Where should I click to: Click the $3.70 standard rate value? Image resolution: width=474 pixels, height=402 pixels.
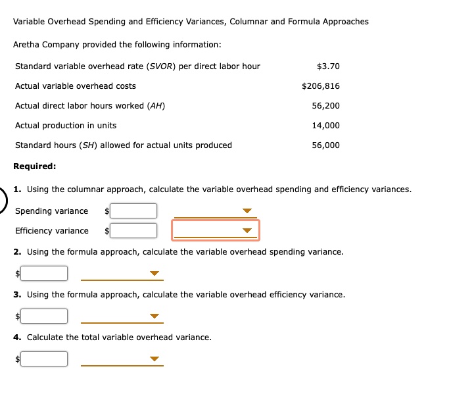327,66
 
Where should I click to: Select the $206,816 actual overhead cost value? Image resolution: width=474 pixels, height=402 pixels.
320,86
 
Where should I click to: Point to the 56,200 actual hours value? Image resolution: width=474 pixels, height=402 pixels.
325,106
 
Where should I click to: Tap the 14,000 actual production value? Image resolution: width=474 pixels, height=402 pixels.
325,126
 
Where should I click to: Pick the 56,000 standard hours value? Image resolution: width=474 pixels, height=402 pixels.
325,145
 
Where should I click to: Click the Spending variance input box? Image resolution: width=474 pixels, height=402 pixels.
133,211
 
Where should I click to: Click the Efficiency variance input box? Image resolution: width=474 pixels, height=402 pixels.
133,231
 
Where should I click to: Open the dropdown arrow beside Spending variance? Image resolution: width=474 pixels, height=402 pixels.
247,211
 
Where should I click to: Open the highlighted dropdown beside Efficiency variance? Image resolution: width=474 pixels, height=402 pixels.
247,231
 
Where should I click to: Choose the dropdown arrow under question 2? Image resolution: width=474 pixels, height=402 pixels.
154,273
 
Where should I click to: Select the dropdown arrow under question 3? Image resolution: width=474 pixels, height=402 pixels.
154,316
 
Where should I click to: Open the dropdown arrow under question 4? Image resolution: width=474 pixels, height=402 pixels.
154,359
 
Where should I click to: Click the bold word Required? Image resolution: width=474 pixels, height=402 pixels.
35,166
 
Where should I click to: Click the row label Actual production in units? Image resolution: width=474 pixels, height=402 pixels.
66,126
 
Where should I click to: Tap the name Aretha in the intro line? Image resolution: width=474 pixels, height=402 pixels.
28,45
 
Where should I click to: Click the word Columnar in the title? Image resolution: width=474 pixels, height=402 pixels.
248,22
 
